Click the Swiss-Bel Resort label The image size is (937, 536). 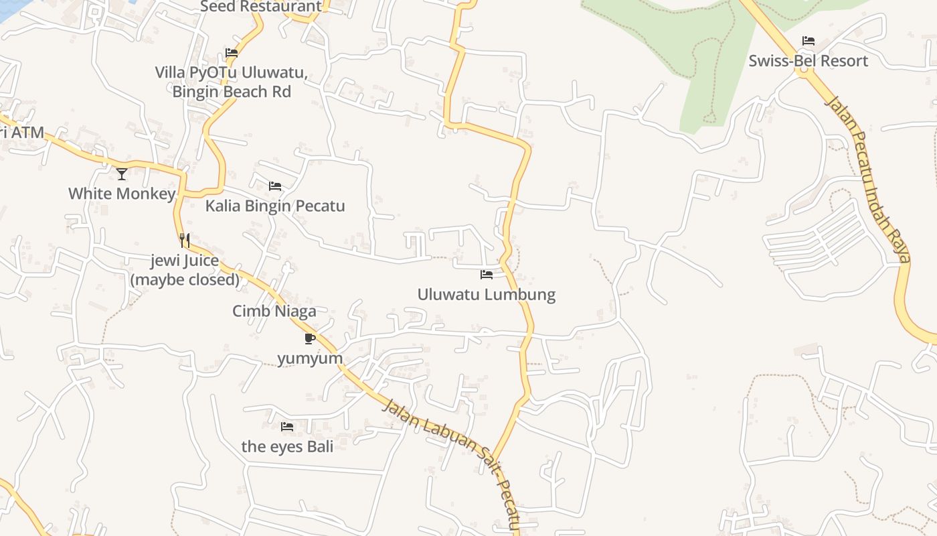point(808,61)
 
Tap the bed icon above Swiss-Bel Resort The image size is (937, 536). point(808,41)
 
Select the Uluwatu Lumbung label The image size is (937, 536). point(487,294)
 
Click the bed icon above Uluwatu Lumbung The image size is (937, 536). point(487,275)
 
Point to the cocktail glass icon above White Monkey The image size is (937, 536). point(122,174)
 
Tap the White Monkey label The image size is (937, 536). point(122,194)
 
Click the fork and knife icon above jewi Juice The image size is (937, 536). point(185,241)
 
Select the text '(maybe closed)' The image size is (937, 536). point(185,279)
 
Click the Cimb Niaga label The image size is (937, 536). point(274,311)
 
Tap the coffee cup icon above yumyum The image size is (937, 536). point(309,338)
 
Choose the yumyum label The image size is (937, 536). point(310,358)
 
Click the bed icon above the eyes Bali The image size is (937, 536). point(287,426)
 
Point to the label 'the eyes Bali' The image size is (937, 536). point(287,446)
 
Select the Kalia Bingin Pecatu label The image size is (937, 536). point(275,206)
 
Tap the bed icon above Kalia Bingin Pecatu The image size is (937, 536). point(275,186)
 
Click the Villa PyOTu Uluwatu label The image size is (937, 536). point(232,72)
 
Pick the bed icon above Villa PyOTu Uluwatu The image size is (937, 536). point(232,53)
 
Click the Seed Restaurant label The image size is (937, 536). point(261,7)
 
